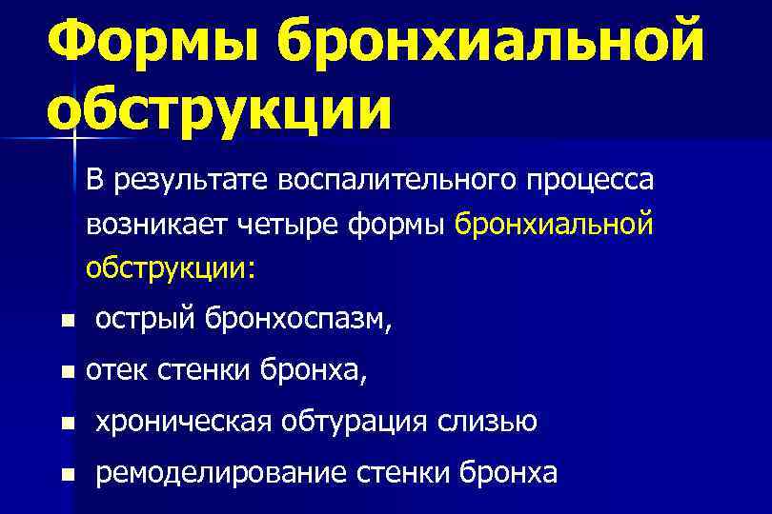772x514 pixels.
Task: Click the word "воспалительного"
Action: tap(393, 179)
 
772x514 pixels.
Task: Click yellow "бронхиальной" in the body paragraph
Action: tap(555, 225)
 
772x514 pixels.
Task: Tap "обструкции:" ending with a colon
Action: tap(171, 268)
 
